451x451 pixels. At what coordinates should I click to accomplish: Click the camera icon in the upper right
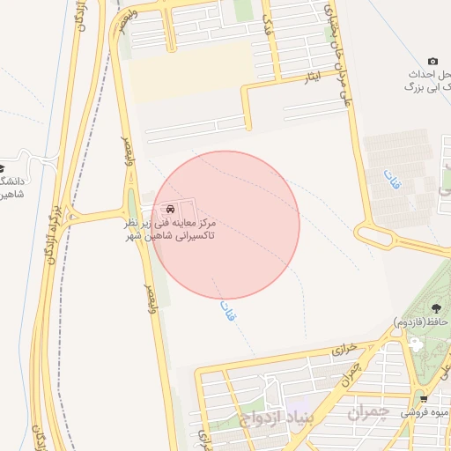[433, 61]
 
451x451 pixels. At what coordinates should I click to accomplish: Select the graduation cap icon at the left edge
[3, 166]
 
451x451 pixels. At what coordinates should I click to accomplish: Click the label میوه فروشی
[425, 412]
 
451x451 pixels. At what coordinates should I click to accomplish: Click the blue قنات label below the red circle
[228, 310]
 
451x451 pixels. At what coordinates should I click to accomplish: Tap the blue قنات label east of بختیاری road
[391, 181]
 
